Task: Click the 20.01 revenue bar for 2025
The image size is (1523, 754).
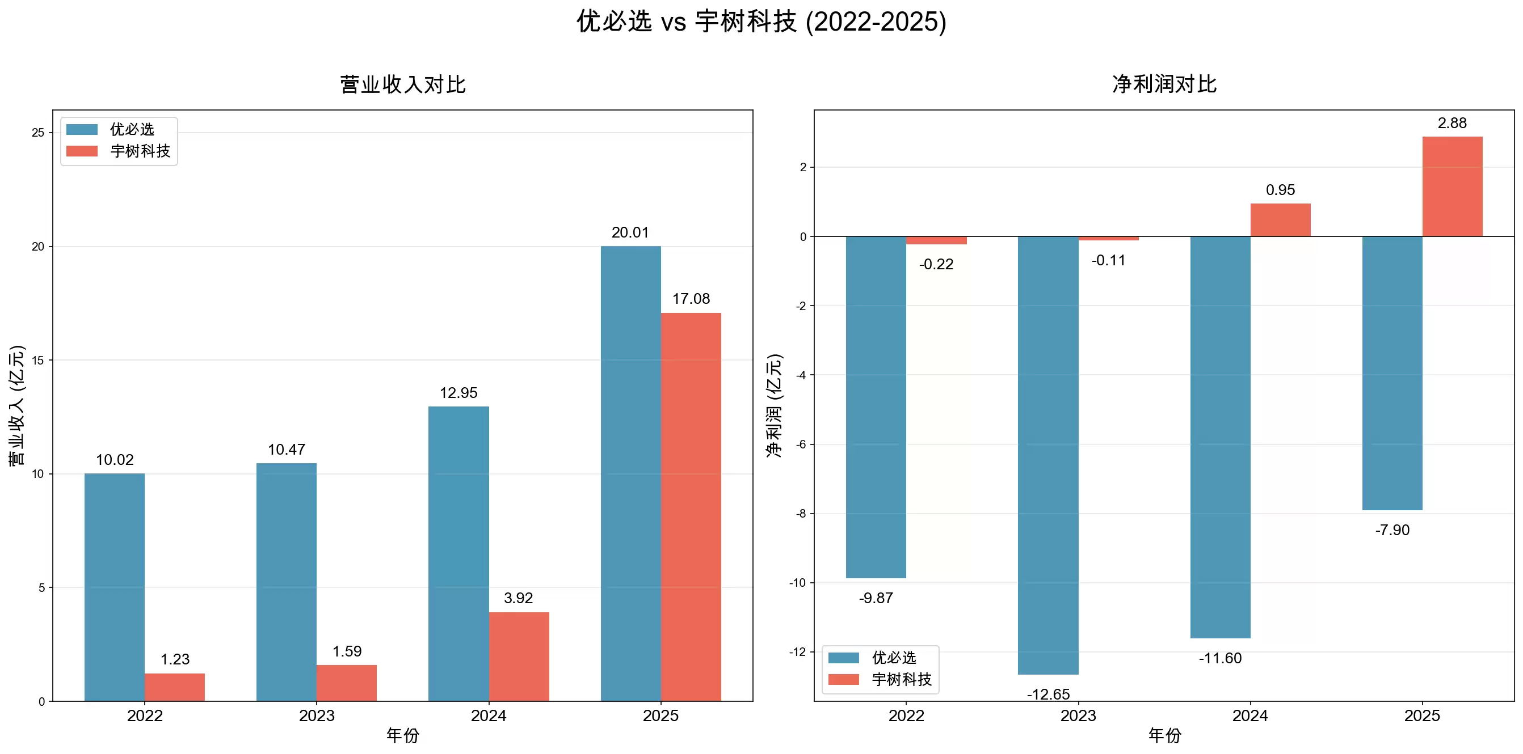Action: pos(630,473)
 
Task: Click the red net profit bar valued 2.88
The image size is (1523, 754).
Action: pos(1452,186)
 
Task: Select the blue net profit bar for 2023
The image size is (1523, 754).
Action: pos(1047,455)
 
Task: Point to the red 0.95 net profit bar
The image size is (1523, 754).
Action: pos(1280,220)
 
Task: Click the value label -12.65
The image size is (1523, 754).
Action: pos(1048,694)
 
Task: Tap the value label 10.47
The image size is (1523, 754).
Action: pos(286,450)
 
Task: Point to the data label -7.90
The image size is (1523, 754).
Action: pos(1392,530)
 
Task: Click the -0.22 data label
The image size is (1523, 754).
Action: pos(936,264)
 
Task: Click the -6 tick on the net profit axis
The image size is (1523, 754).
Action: pos(801,444)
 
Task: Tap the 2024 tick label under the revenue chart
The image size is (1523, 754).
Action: pos(489,715)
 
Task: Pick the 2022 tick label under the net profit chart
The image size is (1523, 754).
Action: pos(906,715)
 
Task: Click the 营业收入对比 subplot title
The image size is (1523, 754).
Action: pos(403,84)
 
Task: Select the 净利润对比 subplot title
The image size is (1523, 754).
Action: pos(1164,84)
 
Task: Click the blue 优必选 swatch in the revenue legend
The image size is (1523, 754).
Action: pos(82,129)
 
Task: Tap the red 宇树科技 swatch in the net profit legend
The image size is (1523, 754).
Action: pos(843,680)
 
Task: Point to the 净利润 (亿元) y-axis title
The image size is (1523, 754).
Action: pos(775,405)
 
